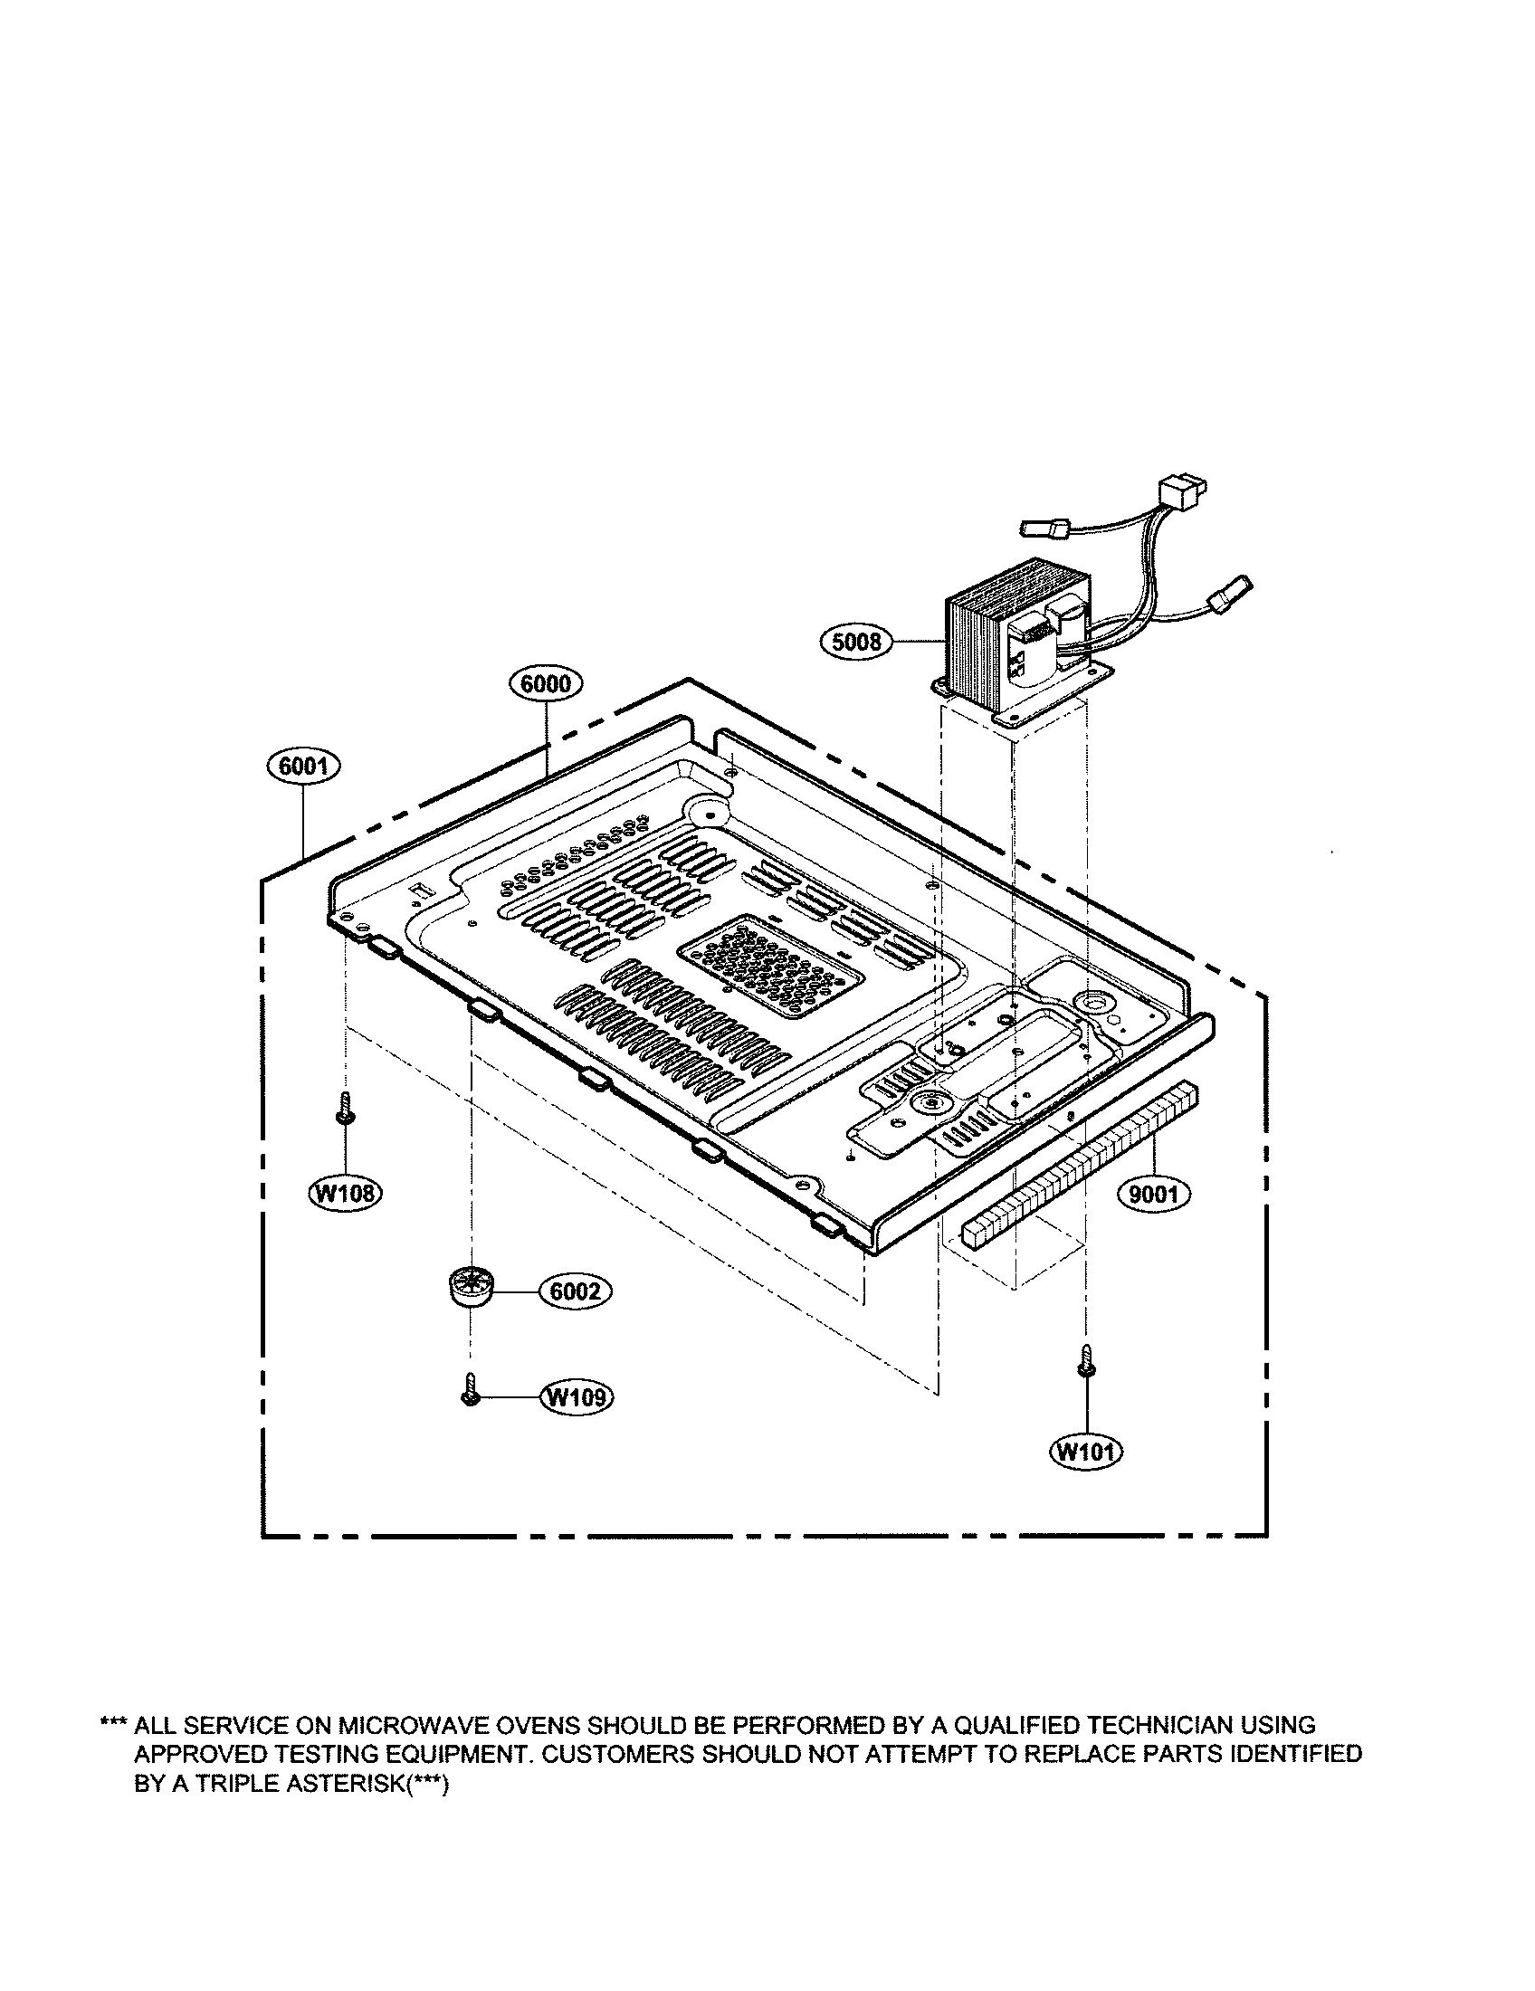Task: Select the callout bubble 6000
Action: pyautogui.click(x=546, y=682)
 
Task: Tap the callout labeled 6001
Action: pyautogui.click(x=303, y=767)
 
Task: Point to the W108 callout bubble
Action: pyautogui.click(x=346, y=1193)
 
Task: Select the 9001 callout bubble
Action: pyautogui.click(x=1153, y=1194)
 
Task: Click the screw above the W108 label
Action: pyautogui.click(x=346, y=1109)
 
